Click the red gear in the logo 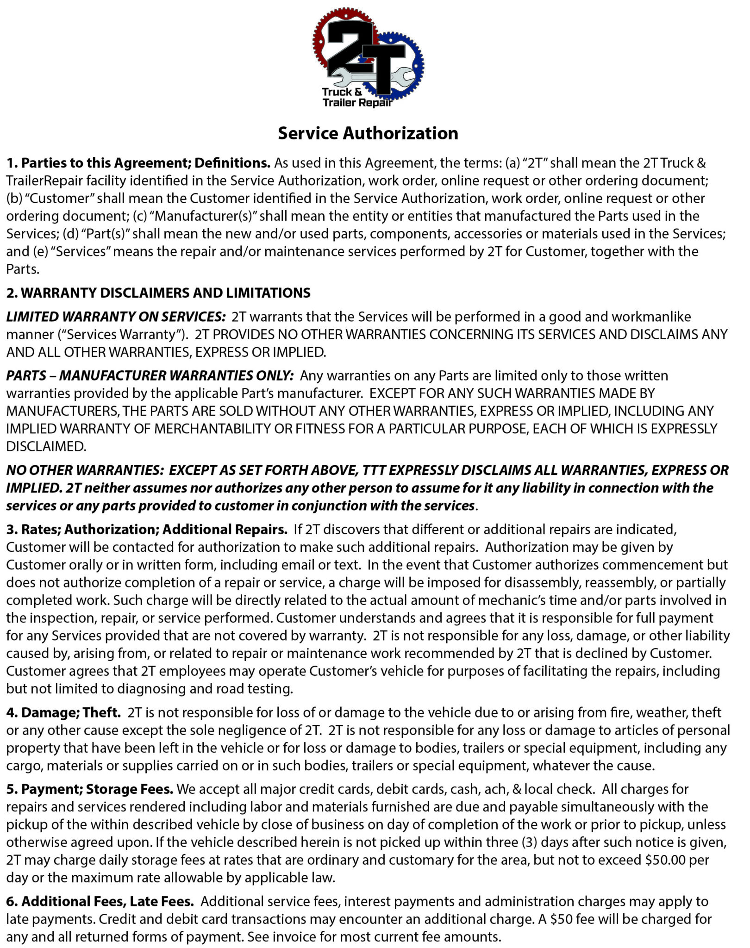coord(324,32)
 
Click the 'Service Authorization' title coord(368,133)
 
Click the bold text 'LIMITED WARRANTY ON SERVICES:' coord(116,317)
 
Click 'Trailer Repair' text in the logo coord(357,102)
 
